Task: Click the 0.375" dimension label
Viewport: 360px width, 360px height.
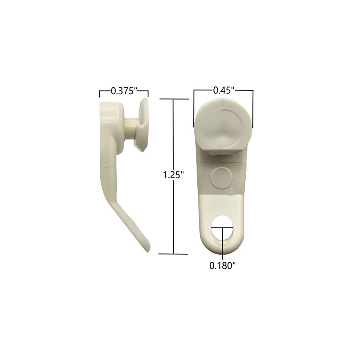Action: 123,91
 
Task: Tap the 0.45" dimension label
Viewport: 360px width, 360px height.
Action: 223,90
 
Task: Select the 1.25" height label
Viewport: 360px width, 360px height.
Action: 174,175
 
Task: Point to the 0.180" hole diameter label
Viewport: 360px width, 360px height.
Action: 222,265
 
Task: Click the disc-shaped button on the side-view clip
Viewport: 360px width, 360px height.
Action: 143,124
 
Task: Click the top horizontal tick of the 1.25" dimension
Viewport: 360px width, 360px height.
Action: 174,99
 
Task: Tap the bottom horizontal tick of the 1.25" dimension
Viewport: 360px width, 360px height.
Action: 174,254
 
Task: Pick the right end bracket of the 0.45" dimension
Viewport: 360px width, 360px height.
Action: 252,108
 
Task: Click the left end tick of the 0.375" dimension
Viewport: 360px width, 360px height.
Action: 100,94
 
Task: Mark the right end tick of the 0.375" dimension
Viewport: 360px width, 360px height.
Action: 148,94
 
